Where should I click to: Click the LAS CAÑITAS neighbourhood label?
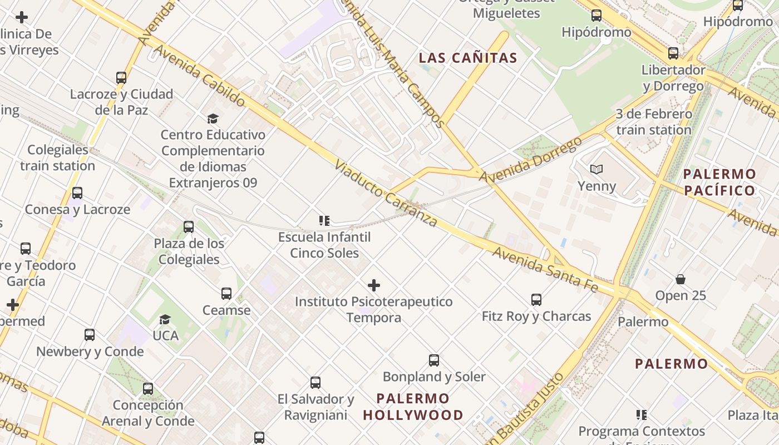click(468, 58)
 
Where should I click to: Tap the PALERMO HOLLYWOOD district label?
click(413, 407)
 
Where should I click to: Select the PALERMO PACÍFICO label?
click(719, 182)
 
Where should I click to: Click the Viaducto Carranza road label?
click(386, 194)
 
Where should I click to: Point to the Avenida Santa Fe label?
click(545, 270)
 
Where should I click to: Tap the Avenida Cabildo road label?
click(199, 76)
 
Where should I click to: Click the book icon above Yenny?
click(596, 169)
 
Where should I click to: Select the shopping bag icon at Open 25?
click(680, 279)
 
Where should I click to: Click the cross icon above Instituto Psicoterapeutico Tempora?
click(374, 286)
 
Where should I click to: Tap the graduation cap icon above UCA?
click(165, 319)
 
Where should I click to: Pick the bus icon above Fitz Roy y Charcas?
click(536, 300)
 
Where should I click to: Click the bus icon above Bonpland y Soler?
click(434, 360)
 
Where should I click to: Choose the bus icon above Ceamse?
click(226, 294)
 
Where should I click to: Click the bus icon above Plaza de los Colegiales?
click(189, 227)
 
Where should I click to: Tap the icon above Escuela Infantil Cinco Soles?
click(324, 221)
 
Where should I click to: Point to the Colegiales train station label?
click(58, 158)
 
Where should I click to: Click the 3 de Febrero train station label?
click(654, 122)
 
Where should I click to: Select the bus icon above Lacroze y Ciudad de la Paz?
click(121, 78)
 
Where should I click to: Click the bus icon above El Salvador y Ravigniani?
click(315, 383)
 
